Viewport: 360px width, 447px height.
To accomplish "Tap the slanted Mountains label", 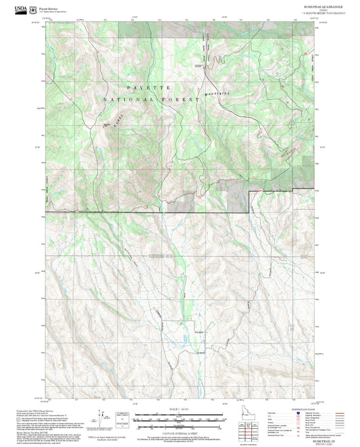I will [215, 89].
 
